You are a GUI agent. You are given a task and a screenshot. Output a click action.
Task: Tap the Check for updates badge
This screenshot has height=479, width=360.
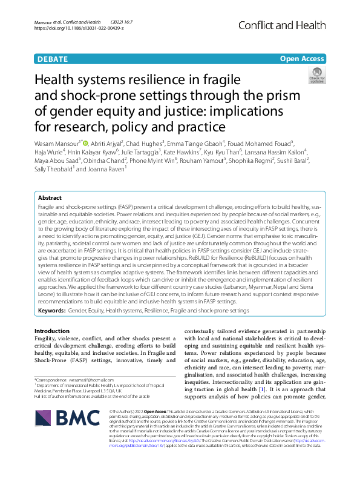[316, 77]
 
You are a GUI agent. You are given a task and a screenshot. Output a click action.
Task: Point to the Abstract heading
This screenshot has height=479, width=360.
[50, 197]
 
